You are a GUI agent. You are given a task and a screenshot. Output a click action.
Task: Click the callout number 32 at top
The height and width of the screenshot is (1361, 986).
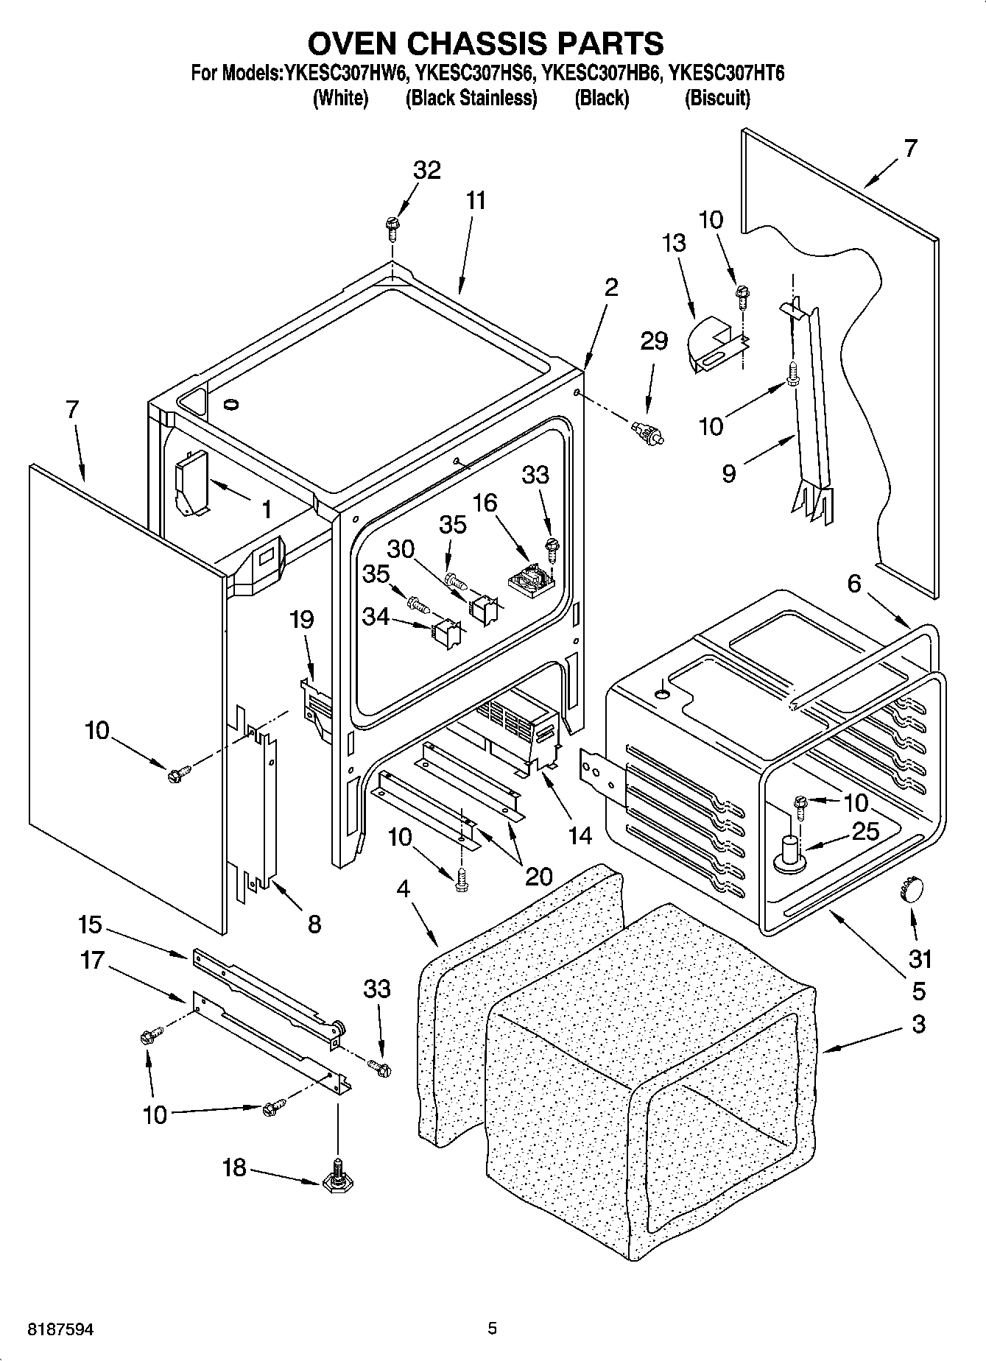[x=426, y=170]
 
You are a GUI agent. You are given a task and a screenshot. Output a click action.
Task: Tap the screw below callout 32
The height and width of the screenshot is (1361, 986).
[x=392, y=226]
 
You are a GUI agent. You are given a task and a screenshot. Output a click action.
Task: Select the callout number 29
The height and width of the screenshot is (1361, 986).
[x=653, y=341]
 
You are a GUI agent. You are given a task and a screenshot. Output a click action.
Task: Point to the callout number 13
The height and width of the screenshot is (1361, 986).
[x=673, y=243]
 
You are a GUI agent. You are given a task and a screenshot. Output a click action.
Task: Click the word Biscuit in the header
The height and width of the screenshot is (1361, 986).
[x=717, y=98]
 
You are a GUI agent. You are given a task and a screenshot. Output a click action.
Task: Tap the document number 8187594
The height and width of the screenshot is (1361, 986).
[x=61, y=1329]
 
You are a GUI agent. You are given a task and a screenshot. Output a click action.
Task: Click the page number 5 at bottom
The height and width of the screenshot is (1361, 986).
[x=492, y=1329]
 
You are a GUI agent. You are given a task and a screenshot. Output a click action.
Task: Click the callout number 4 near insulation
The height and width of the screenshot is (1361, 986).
[x=403, y=888]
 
